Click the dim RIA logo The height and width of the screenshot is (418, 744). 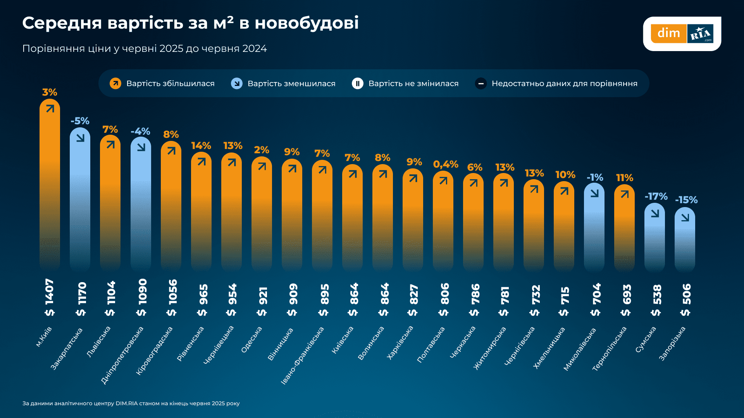682,34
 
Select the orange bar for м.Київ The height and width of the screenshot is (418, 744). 50,186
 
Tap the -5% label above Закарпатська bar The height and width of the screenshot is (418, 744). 80,121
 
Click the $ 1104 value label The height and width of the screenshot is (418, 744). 110,298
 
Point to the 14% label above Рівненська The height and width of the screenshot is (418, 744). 201,146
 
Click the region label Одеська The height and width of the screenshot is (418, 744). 252,339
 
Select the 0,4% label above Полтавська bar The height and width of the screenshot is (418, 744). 445,164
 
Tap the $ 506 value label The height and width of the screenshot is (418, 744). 685,299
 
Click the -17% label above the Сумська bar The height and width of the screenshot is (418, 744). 656,197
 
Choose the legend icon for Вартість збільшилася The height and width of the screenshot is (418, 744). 115,84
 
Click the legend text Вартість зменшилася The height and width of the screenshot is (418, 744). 291,84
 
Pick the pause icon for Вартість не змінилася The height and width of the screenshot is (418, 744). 357,84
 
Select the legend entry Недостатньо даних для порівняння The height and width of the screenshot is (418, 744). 564,84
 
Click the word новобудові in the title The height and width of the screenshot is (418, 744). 306,23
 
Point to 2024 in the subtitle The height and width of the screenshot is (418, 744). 254,49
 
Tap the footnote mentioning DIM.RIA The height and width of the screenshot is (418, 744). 131,403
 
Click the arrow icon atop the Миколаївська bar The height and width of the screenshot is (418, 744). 594,193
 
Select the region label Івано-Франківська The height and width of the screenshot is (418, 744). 302,355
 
